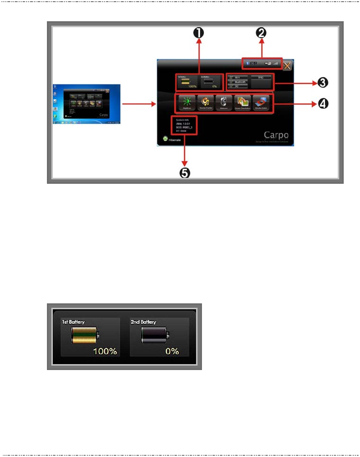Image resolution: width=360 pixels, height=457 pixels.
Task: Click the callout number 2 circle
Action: pyautogui.click(x=261, y=33)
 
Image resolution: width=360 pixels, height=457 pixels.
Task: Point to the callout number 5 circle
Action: pyautogui.click(x=185, y=173)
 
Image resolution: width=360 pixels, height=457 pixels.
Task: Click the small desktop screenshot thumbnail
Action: pyautogui.click(x=86, y=104)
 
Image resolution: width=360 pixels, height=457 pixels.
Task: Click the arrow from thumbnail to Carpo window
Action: pyautogui.click(x=138, y=104)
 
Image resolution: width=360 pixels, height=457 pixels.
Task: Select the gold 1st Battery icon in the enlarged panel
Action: pyautogui.click(x=85, y=337)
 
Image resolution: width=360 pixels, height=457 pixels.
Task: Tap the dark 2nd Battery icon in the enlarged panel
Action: pyautogui.click(x=155, y=337)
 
